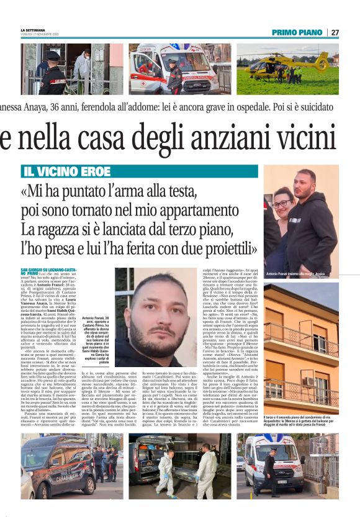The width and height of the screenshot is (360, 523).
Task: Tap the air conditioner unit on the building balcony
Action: click(x=308, y=381)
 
